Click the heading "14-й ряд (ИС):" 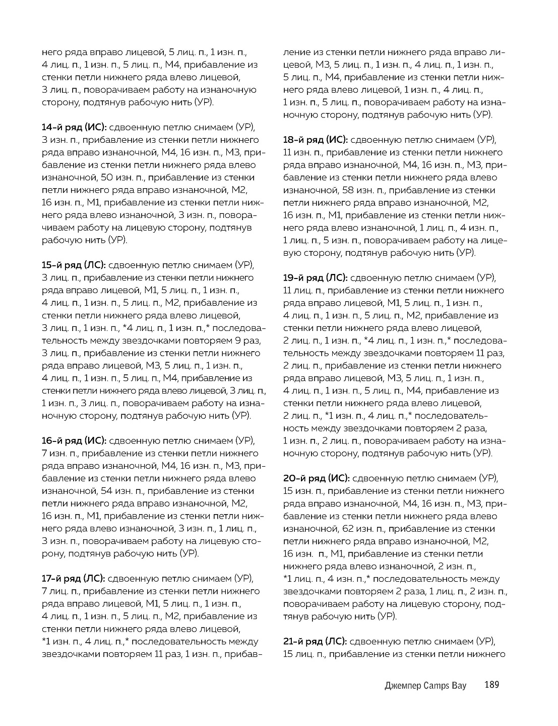(x=74, y=127)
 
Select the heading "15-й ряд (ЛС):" (x=74, y=265)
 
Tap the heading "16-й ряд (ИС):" (x=74, y=440)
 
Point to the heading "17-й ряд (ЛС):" (x=74, y=578)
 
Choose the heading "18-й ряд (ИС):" (x=315, y=140)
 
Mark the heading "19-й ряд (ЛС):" (x=315, y=277)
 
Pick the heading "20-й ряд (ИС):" (x=315, y=478)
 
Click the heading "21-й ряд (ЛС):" (x=315, y=641)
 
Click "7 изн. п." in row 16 (x=60, y=453)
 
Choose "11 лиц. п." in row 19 (x=302, y=290)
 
